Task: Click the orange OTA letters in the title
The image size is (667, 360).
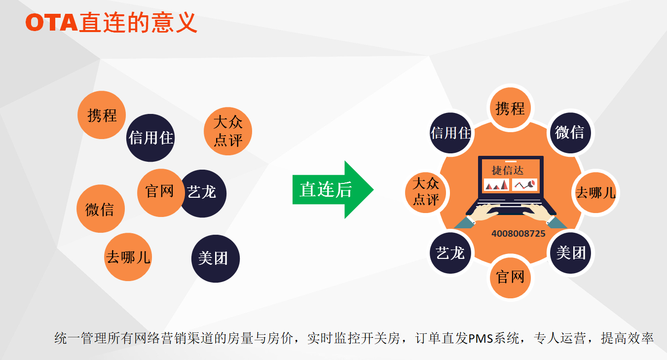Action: [x=52, y=23]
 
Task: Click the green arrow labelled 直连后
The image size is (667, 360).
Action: [x=332, y=190]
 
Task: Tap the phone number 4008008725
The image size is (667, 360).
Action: [x=518, y=234]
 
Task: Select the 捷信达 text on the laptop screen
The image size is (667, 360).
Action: [x=508, y=171]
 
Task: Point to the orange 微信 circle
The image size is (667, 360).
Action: [x=100, y=209]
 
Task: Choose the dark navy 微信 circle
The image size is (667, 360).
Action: [x=570, y=132]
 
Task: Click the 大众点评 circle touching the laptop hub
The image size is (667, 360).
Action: [x=426, y=191]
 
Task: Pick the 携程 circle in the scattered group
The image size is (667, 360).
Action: [x=102, y=115]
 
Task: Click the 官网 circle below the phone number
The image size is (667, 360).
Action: [x=510, y=277]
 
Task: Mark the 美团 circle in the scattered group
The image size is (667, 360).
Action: [x=215, y=258]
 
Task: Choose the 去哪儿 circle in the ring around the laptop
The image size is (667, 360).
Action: [x=595, y=192]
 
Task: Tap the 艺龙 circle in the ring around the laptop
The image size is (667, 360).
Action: [x=450, y=252]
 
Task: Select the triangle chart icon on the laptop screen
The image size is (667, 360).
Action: [x=496, y=185]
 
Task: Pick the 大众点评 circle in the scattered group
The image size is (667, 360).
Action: [x=228, y=131]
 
